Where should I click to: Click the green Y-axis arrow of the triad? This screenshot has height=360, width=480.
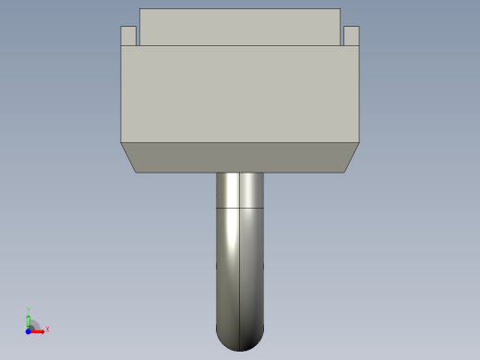(29, 319)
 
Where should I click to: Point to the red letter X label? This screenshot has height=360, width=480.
(47, 329)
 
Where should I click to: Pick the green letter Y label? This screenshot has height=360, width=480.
(29, 310)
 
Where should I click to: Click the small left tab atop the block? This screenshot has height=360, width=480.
(129, 36)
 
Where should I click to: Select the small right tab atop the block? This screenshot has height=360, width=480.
(351, 36)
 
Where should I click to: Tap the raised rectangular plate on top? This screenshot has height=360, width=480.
(240, 28)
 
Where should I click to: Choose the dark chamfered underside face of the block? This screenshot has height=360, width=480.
(240, 157)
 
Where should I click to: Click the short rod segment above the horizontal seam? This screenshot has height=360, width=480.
(240, 191)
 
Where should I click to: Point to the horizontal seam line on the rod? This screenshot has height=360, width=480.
(240, 210)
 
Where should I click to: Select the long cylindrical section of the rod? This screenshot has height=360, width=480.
(240, 268)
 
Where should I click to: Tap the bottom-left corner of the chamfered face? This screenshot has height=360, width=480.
(136, 172)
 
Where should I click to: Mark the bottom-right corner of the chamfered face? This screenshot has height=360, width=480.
(344, 172)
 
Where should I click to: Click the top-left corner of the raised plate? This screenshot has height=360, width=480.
(140, 9)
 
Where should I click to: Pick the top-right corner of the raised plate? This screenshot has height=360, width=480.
(340, 9)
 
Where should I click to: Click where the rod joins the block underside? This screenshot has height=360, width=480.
(240, 173)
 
